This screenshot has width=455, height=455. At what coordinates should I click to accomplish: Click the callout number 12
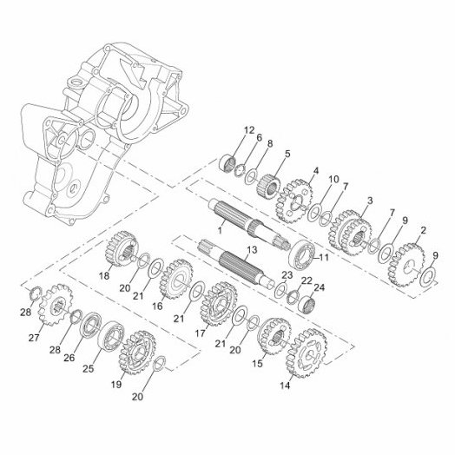point(248,130)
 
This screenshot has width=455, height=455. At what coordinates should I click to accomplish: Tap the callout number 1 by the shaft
point(220,231)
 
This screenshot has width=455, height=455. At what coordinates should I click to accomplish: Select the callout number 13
point(252,249)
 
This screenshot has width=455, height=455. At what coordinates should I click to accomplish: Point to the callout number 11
point(324,257)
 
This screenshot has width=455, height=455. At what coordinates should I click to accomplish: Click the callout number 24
point(320,287)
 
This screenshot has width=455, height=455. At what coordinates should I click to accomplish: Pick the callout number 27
point(34,338)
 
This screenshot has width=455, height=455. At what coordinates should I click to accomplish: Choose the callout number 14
point(285,386)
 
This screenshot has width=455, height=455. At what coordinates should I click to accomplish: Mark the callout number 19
point(116,385)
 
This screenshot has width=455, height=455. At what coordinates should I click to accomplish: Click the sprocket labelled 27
point(56,305)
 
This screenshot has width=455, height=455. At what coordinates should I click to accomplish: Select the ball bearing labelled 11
point(302,254)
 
